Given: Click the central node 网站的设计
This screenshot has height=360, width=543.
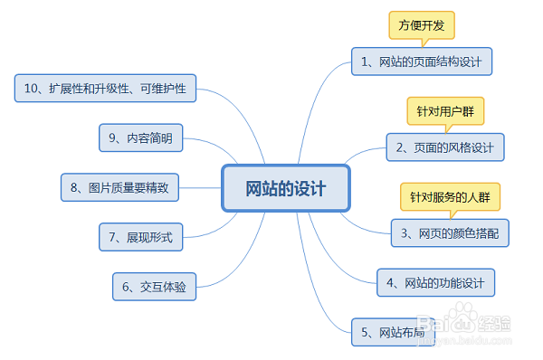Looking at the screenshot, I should [x=285, y=188].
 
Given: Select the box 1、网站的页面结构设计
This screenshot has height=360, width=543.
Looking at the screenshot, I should [x=422, y=62].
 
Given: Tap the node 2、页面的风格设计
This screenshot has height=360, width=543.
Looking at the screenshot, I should [x=444, y=147].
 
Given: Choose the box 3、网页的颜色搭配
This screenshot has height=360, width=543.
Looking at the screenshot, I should [x=450, y=232].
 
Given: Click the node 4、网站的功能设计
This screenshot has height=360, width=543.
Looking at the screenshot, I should [x=436, y=281].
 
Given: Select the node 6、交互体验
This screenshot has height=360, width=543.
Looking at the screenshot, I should [x=154, y=287].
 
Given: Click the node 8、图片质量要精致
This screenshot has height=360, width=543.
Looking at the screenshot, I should [x=119, y=187].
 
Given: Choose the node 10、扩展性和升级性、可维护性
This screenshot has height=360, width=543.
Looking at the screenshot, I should [x=106, y=89].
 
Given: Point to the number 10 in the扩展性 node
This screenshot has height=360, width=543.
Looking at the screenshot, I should [x=33, y=89].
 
